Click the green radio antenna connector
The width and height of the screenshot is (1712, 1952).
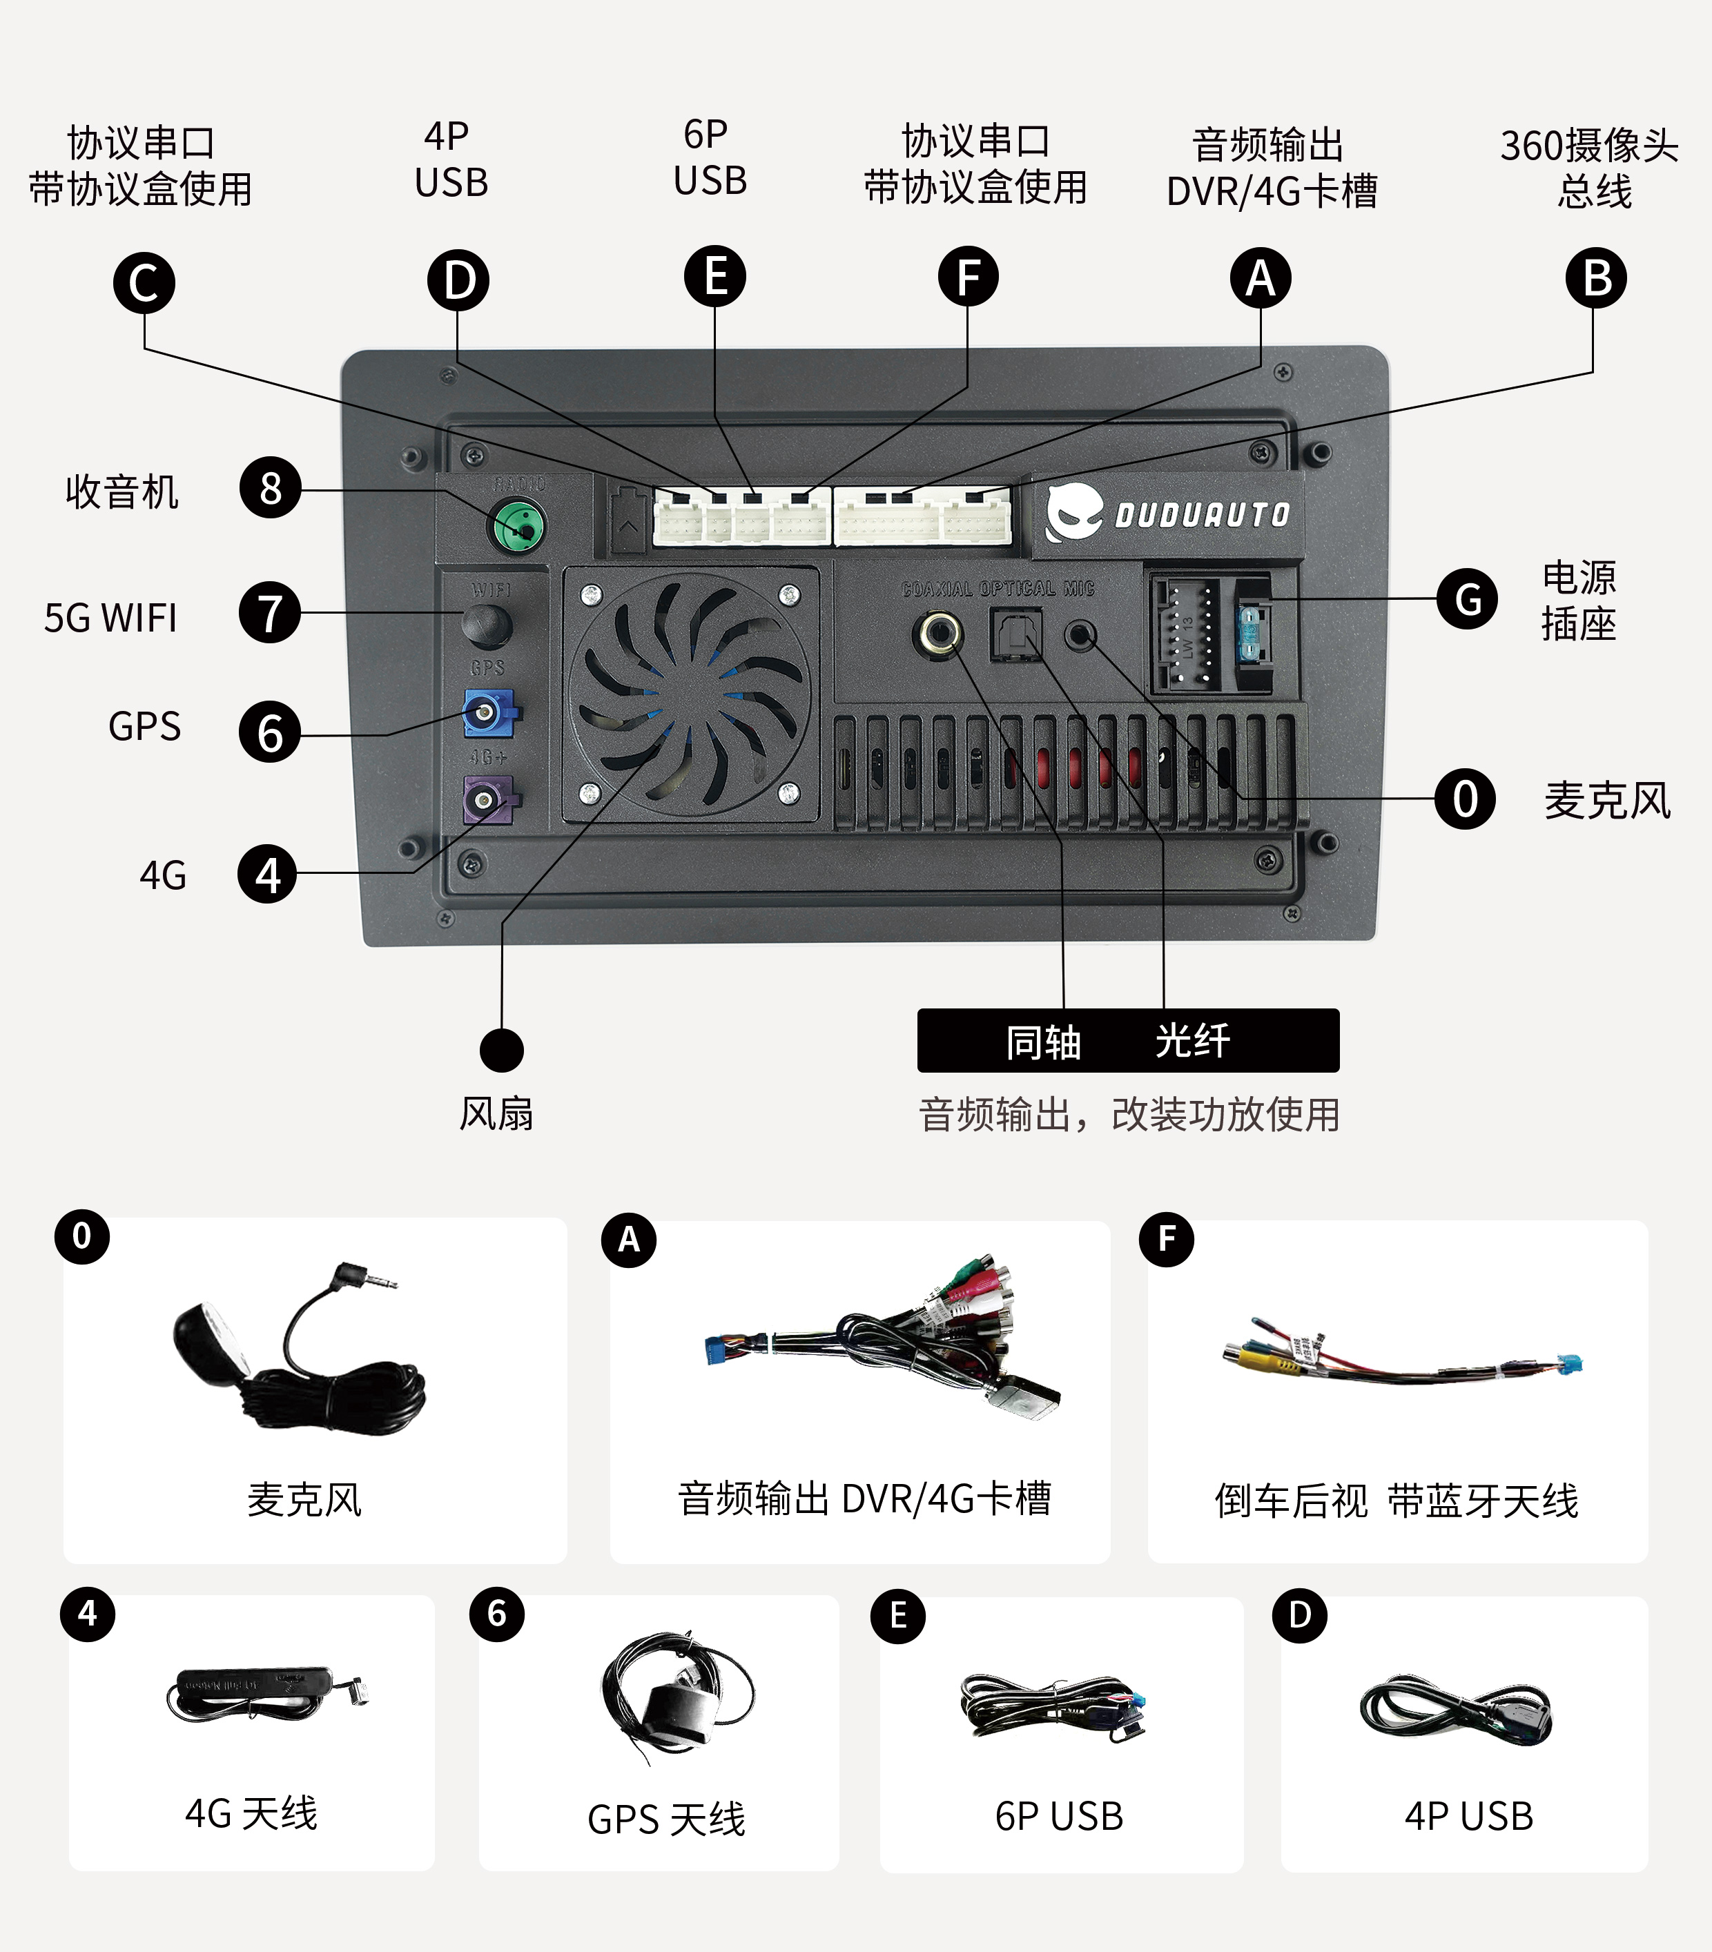[x=518, y=526]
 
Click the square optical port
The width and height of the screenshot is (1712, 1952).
[x=1015, y=635]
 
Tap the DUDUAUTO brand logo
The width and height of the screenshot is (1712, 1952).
[x=1167, y=514]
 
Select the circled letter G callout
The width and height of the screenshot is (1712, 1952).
[x=1468, y=598]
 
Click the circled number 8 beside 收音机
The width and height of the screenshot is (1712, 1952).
[x=271, y=488]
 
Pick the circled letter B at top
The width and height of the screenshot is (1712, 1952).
[x=1595, y=278]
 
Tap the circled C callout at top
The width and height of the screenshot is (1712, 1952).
[x=144, y=283]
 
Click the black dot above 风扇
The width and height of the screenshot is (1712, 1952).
[x=502, y=1051]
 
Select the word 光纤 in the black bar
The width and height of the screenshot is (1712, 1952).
[x=1192, y=1040]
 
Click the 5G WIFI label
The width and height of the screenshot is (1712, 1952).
[x=111, y=618]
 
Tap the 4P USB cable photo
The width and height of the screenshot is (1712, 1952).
[x=1456, y=1710]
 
